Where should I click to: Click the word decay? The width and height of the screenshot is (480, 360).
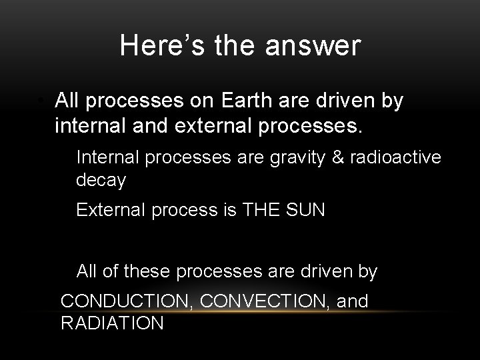[101, 181]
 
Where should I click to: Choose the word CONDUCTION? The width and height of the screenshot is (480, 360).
[127, 301]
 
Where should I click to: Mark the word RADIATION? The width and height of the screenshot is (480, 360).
[112, 323]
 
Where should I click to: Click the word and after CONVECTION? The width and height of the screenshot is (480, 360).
[352, 301]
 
